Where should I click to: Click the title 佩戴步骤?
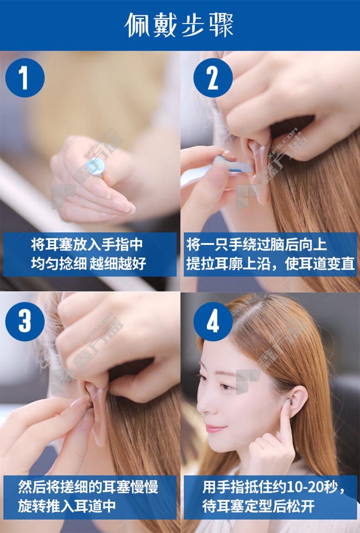pyautogui.click(x=179, y=25)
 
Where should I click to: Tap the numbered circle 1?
pyautogui.click(x=25, y=78)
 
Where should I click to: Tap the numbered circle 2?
pyautogui.click(x=213, y=78)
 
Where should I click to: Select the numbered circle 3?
pyautogui.click(x=25, y=321)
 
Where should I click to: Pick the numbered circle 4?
pyautogui.click(x=213, y=321)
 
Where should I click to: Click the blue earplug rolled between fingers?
pyautogui.click(x=95, y=166)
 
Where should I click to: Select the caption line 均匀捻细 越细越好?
pyautogui.click(x=88, y=264)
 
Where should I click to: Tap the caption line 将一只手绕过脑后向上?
pyautogui.click(x=257, y=245)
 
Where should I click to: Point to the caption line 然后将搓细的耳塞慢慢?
pyautogui.click(x=88, y=487)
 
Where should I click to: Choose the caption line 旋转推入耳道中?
pyautogui.click(x=67, y=506)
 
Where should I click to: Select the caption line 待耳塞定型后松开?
pyautogui.click(x=258, y=506)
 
